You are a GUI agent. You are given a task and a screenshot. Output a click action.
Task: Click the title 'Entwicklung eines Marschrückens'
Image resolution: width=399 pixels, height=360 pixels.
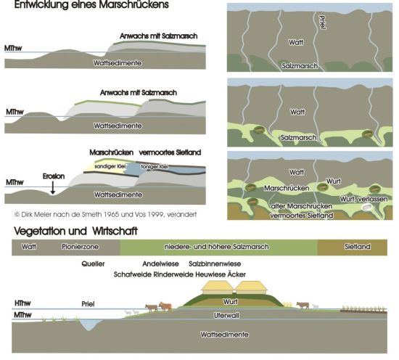click(91, 4)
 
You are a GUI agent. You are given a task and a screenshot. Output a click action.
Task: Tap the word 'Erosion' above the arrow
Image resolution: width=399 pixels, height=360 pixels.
click(54, 176)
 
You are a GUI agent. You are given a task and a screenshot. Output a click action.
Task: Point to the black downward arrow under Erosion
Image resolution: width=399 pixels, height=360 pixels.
click(53, 188)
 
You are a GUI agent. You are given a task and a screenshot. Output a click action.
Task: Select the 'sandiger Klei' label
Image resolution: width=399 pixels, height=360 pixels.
click(110, 166)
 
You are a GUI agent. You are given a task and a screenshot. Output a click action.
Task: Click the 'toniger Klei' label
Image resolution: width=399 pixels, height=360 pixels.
click(155, 166)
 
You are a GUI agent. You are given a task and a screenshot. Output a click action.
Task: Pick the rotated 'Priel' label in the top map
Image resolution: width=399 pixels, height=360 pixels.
click(322, 22)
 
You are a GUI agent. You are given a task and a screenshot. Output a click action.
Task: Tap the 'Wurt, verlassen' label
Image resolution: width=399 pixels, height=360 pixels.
click(363, 199)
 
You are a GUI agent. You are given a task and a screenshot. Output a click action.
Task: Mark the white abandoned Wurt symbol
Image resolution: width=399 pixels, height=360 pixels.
click(367, 208)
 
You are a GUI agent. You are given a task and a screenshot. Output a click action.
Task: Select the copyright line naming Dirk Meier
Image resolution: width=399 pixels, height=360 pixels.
click(105, 214)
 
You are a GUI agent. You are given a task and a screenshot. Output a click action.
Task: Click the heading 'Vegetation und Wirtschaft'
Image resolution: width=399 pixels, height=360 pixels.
click(75, 232)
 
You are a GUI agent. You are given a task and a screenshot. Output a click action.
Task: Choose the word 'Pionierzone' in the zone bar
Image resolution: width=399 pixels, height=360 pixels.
click(80, 247)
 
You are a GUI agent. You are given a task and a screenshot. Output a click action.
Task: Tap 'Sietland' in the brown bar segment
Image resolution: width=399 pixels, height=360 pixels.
click(357, 247)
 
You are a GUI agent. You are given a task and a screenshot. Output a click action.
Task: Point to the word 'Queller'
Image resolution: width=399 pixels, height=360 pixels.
click(93, 263)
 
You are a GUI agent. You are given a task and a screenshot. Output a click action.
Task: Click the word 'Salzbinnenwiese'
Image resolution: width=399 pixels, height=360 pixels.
click(215, 263)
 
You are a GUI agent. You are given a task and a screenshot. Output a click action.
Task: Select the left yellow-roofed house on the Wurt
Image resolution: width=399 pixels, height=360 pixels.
click(217, 287)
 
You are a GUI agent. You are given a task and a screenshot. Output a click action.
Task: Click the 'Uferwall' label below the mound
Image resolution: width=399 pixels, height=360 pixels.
click(226, 316)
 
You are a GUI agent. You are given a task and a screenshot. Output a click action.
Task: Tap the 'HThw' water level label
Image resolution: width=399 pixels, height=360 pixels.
click(22, 303)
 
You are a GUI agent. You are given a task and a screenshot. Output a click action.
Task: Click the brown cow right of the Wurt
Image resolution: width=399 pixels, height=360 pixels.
click(303, 305)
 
